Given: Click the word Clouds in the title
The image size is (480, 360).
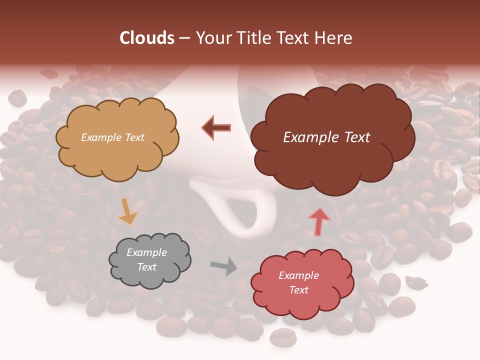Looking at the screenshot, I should [146, 38].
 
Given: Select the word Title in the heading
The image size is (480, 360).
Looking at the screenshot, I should [255, 38].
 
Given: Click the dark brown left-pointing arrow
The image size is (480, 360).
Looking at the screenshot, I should [217, 127].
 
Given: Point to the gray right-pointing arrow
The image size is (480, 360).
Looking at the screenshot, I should [223, 266].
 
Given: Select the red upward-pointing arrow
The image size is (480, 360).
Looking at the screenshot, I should [319, 221].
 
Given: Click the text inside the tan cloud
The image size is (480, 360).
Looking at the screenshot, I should [112, 137].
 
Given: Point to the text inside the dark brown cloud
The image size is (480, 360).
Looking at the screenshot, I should [326, 137].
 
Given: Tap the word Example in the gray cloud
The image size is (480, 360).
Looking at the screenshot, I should [146, 252].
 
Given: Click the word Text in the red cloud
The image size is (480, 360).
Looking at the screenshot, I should [298, 290].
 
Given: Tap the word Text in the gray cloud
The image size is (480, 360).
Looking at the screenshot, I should [146, 267].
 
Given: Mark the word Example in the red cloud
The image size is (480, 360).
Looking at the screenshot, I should [298, 275].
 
